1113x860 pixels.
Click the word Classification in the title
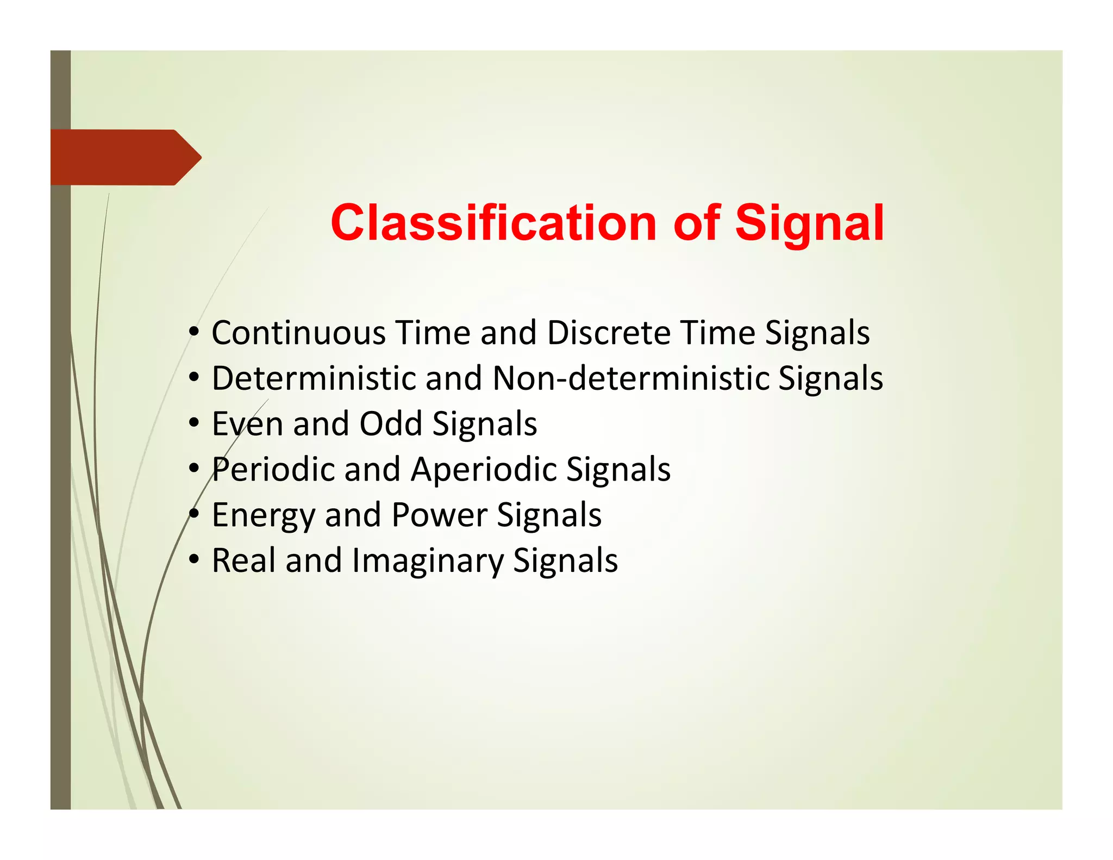[x=493, y=223]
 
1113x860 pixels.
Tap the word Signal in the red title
[x=809, y=223]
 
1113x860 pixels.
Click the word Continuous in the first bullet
[x=298, y=333]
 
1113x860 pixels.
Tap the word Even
[x=247, y=424]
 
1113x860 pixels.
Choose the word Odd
[x=391, y=424]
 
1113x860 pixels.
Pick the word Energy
[x=263, y=515]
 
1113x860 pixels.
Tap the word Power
[x=439, y=515]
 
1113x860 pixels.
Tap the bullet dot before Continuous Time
[x=194, y=332]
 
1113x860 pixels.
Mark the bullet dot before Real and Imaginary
[x=194, y=560]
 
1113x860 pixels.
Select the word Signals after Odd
[x=484, y=424]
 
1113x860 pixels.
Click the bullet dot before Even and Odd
[x=194, y=423]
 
